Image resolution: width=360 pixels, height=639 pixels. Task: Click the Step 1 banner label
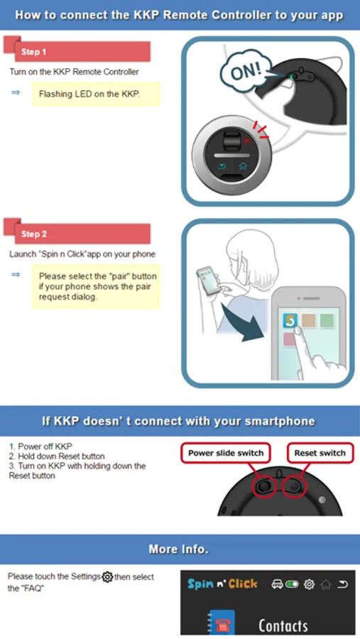34,52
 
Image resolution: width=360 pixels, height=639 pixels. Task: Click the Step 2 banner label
34,234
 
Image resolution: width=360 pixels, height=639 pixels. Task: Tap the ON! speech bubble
246,71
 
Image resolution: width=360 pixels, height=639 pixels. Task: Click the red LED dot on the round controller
246,141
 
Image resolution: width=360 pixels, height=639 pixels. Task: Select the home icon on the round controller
243,166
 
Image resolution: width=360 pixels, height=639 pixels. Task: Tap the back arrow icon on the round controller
222,166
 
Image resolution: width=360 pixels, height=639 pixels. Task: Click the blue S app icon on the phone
290,321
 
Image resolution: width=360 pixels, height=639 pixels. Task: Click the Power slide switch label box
226,453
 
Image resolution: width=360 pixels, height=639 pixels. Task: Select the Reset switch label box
320,453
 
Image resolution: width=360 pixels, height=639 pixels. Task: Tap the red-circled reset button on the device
295,486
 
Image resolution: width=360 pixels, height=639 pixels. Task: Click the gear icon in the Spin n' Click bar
310,584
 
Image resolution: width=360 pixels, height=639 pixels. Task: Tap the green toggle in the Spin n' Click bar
293,584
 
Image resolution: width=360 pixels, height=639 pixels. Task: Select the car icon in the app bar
277,584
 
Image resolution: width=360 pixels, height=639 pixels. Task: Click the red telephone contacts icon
222,623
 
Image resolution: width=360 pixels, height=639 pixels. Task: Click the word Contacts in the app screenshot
283,625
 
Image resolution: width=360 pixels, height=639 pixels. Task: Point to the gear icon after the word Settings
107,577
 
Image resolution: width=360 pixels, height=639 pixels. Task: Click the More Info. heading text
178,549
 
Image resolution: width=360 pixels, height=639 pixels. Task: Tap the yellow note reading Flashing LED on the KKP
97,94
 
